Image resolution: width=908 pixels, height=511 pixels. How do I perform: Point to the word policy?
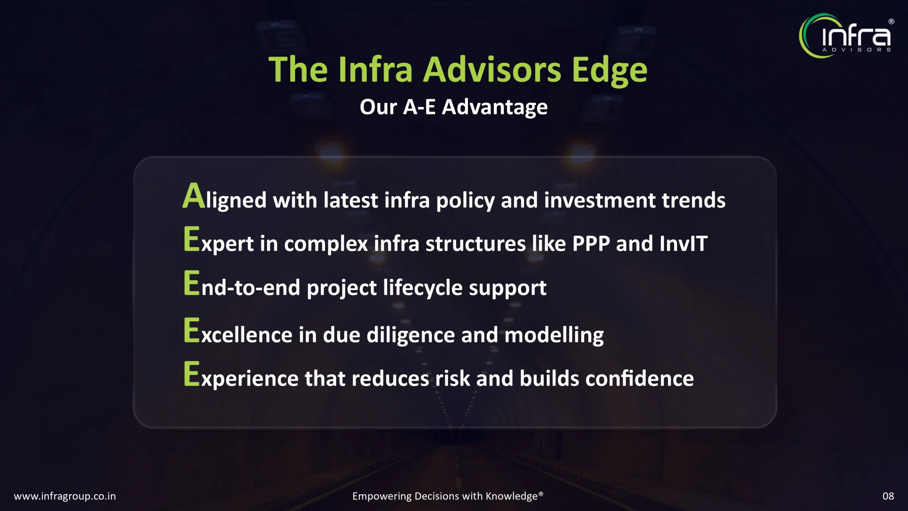click(x=465, y=201)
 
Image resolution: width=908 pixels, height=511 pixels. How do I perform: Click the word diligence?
click(x=410, y=335)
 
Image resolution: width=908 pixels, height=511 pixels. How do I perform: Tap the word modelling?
click(x=554, y=335)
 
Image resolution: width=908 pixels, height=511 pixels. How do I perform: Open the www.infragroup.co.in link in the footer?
click(x=65, y=496)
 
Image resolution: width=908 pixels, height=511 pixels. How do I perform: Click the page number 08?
click(x=888, y=496)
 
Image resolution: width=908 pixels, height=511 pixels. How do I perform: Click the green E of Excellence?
click(x=192, y=330)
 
